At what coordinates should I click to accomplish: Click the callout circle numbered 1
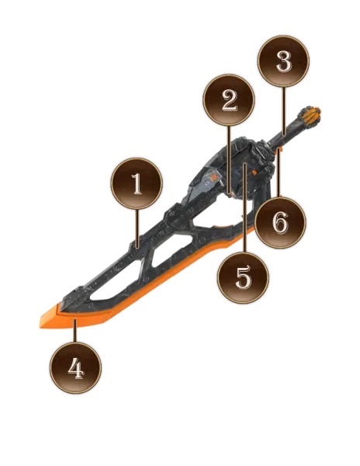coord(137,183)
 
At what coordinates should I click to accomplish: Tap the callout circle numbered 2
coord(229,100)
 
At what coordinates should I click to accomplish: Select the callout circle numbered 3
coord(283,61)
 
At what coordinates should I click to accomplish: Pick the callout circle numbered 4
coord(75,367)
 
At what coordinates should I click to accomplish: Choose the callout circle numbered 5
coord(243,278)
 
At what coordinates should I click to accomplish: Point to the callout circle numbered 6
coord(280,222)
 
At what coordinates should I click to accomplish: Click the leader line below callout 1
coord(137,228)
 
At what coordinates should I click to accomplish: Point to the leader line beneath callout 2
coord(229,160)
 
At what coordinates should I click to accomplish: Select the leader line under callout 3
coord(283,111)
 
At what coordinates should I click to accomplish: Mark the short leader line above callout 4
coord(75,331)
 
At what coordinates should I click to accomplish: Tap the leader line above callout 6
coord(279,173)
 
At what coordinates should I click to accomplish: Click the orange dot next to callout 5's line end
coord(254,172)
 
